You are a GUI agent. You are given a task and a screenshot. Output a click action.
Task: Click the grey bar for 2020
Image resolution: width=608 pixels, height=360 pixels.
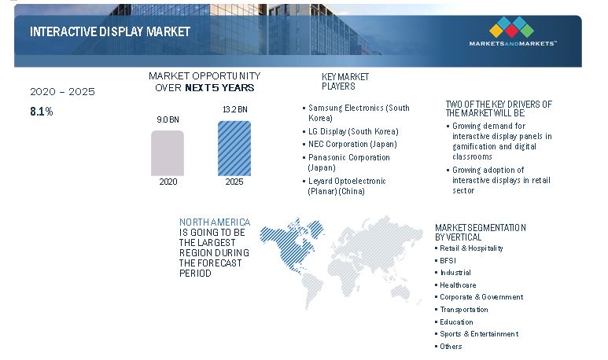point(168,153)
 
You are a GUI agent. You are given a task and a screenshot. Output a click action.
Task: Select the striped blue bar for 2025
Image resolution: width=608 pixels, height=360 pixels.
point(234,149)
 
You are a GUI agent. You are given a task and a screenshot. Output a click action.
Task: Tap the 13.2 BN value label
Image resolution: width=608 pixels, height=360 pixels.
point(235,110)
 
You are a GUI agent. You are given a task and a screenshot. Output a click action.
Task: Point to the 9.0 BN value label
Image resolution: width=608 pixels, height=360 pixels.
point(168,119)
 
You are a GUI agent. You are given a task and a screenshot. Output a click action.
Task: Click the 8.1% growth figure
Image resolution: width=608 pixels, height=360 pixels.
point(42,112)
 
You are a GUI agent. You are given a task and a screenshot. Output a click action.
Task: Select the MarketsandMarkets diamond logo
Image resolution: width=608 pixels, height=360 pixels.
point(512,28)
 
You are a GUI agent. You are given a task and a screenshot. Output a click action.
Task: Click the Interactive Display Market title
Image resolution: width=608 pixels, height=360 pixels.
point(110,31)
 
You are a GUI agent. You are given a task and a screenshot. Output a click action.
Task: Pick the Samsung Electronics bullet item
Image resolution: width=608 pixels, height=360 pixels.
point(356,112)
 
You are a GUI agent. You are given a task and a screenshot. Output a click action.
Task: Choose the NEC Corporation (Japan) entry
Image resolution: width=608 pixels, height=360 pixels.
point(350,144)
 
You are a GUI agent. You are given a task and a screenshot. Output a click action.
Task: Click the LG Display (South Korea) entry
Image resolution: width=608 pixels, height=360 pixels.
point(351,131)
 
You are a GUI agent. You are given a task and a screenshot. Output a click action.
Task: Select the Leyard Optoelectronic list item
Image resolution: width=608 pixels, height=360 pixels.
point(345,186)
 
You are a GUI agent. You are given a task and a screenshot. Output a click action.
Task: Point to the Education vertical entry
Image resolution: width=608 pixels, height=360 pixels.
point(454,322)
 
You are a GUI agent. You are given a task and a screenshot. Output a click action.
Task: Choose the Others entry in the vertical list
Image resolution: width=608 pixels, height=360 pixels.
point(448,347)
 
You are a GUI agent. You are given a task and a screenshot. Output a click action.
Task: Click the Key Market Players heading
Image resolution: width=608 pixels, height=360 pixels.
point(345,82)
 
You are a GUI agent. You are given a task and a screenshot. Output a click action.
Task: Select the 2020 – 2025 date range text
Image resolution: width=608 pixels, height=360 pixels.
point(62,92)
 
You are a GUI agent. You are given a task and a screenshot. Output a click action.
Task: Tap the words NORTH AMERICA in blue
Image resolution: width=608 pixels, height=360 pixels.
point(215,222)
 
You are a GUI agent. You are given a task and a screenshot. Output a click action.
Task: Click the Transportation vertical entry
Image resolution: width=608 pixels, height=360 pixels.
point(462,310)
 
